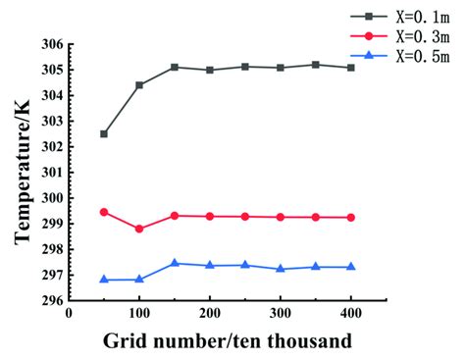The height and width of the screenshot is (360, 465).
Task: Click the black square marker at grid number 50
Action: coord(104,134)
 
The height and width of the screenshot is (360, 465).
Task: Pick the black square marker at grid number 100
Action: coord(139,85)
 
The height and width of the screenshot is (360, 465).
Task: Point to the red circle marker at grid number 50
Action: coord(104,212)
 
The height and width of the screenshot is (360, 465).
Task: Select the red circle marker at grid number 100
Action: coord(139,229)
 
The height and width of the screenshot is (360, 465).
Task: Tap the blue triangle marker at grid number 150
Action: coord(175,263)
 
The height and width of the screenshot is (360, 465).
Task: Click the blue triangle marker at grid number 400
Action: coord(351,267)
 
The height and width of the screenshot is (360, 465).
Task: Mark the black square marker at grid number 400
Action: coord(351,68)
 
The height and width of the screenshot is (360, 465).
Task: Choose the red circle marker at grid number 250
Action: coord(245,217)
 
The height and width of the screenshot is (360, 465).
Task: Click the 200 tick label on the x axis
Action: coord(210,315)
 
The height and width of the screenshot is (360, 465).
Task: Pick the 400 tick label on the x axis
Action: coord(351,315)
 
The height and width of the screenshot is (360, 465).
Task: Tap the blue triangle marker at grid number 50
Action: coord(104,280)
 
